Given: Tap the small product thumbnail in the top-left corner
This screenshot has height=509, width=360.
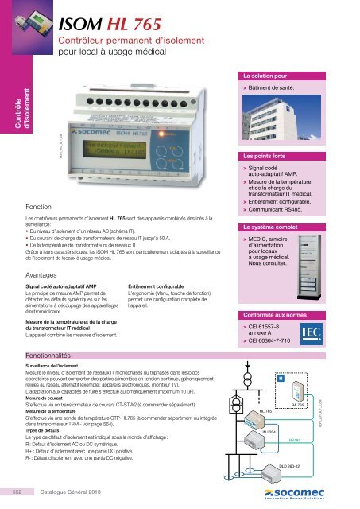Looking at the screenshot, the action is (25, 17).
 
